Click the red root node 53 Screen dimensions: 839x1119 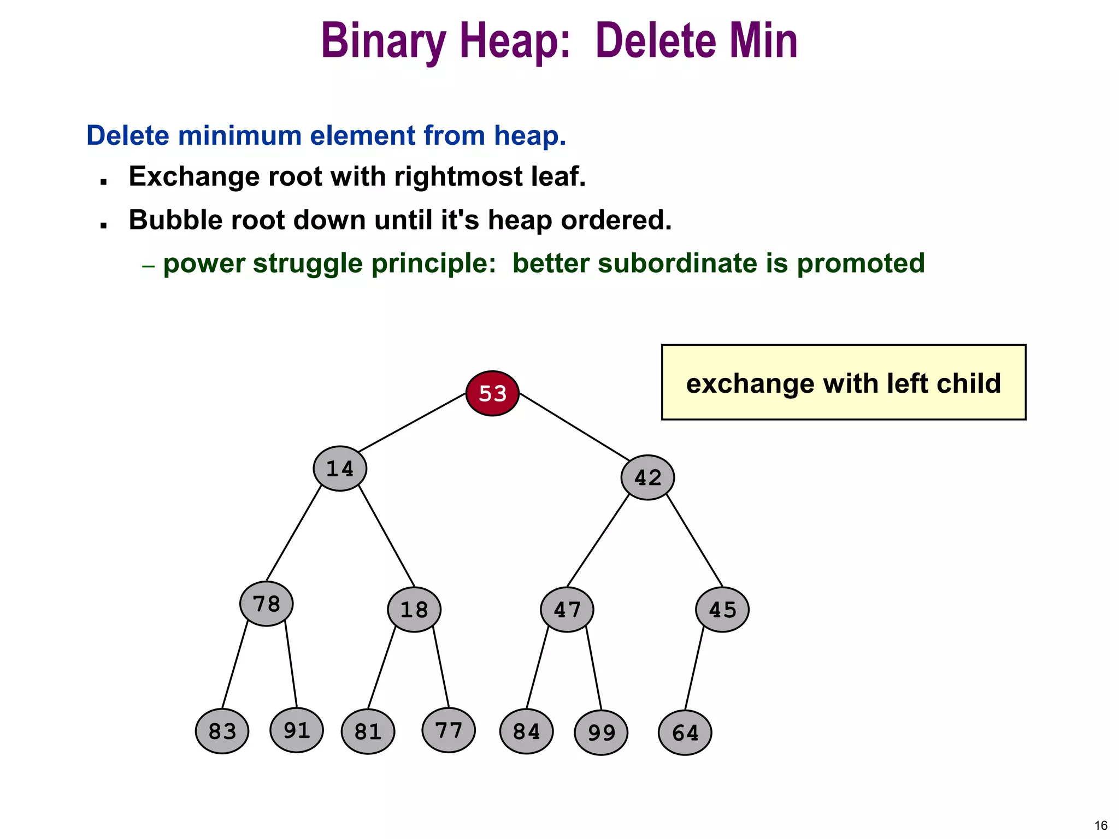pyautogui.click(x=492, y=393)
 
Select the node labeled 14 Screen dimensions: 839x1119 pyautogui.click(x=340, y=469)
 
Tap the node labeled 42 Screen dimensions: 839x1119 pyautogui.click(x=647, y=477)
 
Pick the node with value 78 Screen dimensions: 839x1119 pyautogui.click(x=267, y=604)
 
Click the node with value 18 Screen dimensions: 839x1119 pyautogui.click(x=414, y=610)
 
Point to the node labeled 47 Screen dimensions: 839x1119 pyautogui.click(x=567, y=610)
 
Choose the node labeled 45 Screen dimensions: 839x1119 pyautogui.click(x=722, y=610)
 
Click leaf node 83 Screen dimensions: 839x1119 pyautogui.click(x=222, y=731)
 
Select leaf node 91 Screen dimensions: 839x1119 pyautogui.click(x=297, y=730)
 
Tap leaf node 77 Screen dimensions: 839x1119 pyautogui.click(x=449, y=730)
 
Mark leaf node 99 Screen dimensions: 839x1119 pyautogui.click(x=601, y=732)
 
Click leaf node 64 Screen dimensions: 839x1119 pyautogui.click(x=685, y=732)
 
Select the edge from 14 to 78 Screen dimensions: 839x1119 pyautogui.click(x=293, y=533)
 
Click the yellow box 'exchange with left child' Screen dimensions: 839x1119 pyautogui.click(x=843, y=382)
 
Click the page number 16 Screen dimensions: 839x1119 pyautogui.click(x=1101, y=825)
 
